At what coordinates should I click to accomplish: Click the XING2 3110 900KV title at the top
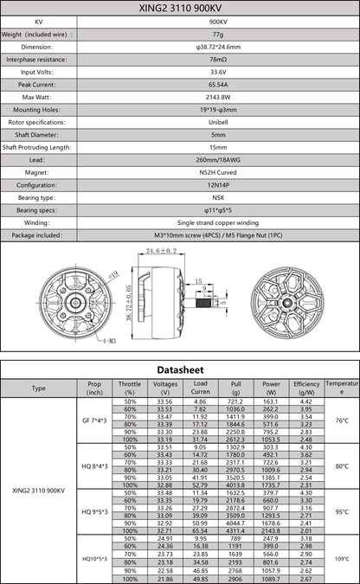pos(180,7)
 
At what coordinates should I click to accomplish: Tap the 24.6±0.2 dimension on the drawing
pos(161,251)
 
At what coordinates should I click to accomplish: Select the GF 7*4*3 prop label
pos(94,420)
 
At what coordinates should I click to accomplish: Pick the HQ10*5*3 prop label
pos(94,558)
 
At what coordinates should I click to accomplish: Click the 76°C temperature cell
pos(341,420)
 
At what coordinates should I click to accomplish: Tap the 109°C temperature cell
pos(341,558)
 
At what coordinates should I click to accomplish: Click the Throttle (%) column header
pos(130,388)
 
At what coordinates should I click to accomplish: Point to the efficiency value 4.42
pos(305,401)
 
